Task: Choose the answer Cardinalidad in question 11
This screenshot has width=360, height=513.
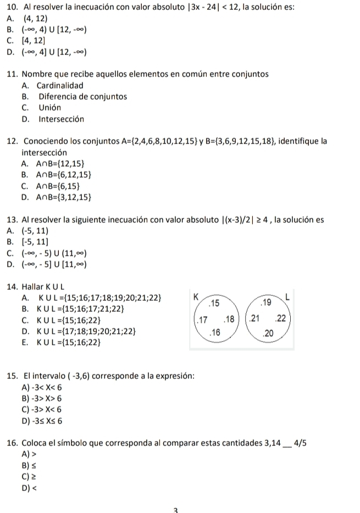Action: (x=60, y=85)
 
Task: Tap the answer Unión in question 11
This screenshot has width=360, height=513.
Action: (x=49, y=108)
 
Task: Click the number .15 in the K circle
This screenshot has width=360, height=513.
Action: (x=213, y=303)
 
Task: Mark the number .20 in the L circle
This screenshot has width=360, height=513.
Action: (x=269, y=333)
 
